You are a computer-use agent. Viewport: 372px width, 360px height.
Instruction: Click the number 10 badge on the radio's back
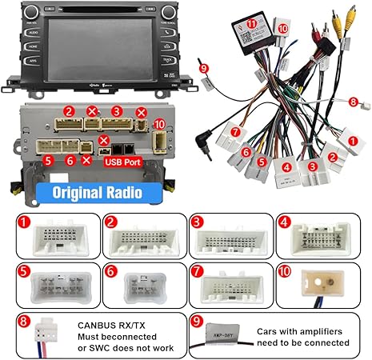(159, 124)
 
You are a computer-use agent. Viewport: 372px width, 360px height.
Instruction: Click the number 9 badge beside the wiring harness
(203, 69)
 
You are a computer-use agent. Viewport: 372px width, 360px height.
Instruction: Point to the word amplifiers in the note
(324, 331)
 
